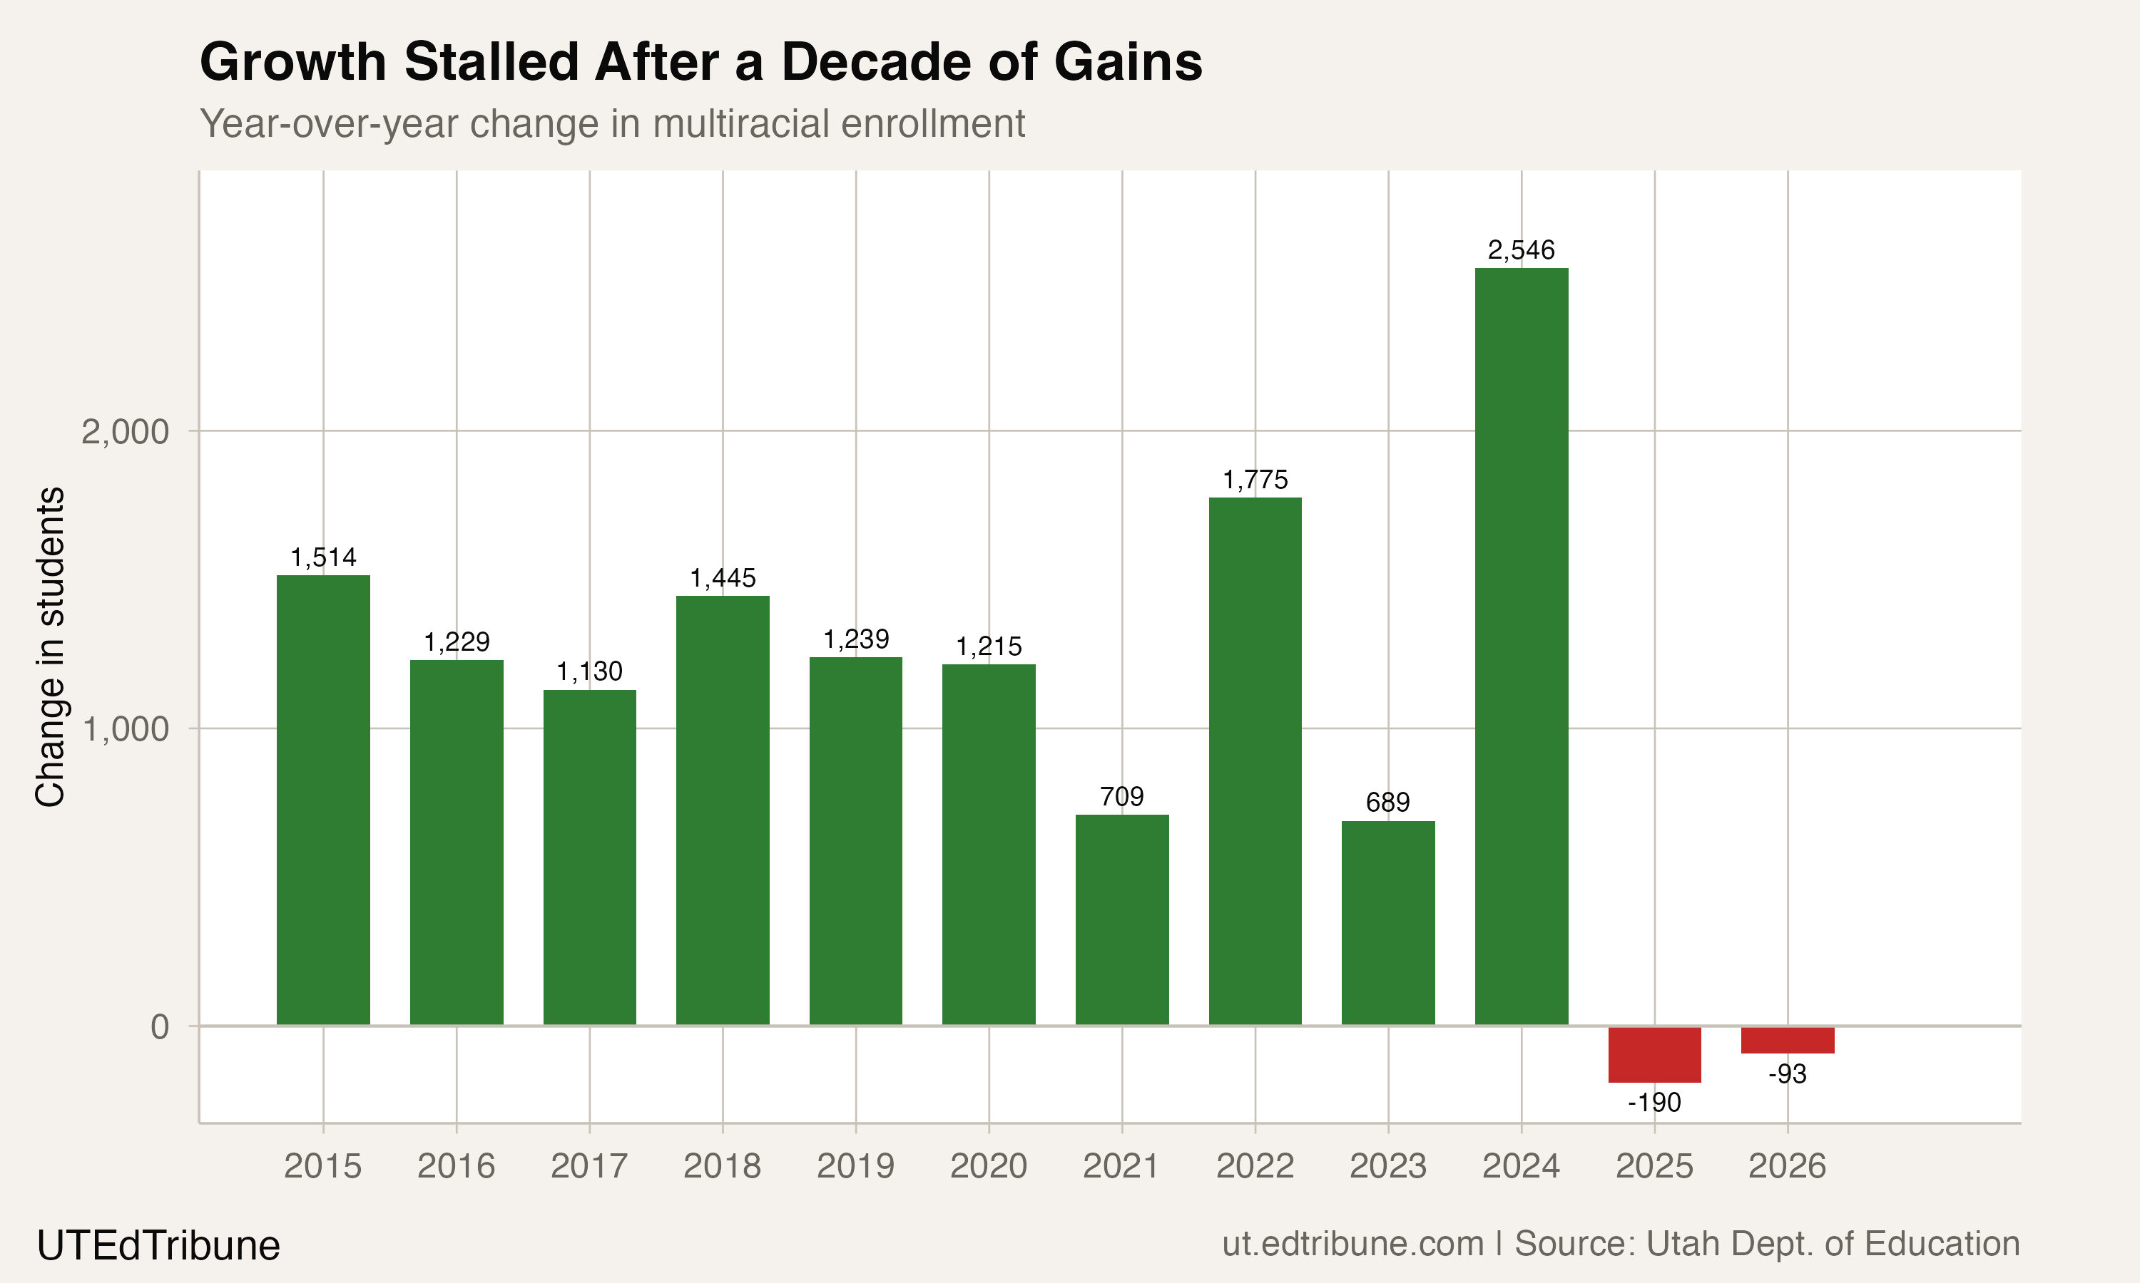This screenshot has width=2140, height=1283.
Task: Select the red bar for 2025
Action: pyautogui.click(x=1654, y=1054)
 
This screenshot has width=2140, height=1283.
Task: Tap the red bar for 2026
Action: pyautogui.click(x=1787, y=1040)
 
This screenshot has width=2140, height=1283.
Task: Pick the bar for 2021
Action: pyautogui.click(x=1122, y=920)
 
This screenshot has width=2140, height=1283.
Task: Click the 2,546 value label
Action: pyautogui.click(x=1521, y=250)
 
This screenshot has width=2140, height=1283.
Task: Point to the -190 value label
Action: pyautogui.click(x=1654, y=1102)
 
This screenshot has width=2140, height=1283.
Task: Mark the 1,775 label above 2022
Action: pyautogui.click(x=1254, y=480)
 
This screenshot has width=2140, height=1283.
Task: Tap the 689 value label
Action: pyautogui.click(x=1387, y=803)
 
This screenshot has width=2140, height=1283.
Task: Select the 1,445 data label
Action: pyautogui.click(x=723, y=577)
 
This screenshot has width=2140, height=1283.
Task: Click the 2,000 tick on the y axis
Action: pyautogui.click(x=125, y=431)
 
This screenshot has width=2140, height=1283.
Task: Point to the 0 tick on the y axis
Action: pyautogui.click(x=159, y=1026)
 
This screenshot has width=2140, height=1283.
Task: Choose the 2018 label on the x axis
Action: pyautogui.click(x=723, y=1166)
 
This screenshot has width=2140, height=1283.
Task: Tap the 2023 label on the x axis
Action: pyautogui.click(x=1387, y=1166)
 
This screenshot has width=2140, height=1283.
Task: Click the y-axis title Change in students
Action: pyautogui.click(x=50, y=646)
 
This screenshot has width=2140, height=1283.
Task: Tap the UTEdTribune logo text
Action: pyautogui.click(x=158, y=1246)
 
